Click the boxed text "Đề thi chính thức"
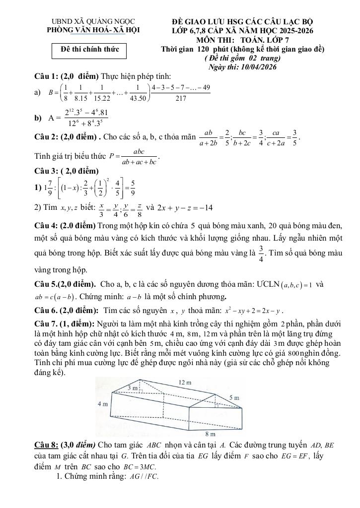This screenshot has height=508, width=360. [x=89, y=51]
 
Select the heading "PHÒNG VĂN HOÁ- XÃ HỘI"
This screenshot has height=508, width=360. [x=93, y=31]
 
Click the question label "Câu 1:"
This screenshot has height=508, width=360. [x=46, y=76]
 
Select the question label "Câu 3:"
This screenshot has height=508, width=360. [x=46, y=171]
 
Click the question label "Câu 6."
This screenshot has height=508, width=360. [x=46, y=311]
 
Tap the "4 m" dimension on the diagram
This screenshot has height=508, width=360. [x=102, y=404]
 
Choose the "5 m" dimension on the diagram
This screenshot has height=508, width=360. [x=234, y=398]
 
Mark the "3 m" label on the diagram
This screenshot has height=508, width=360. [x=132, y=387]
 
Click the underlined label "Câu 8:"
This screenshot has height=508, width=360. [x=47, y=443]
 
